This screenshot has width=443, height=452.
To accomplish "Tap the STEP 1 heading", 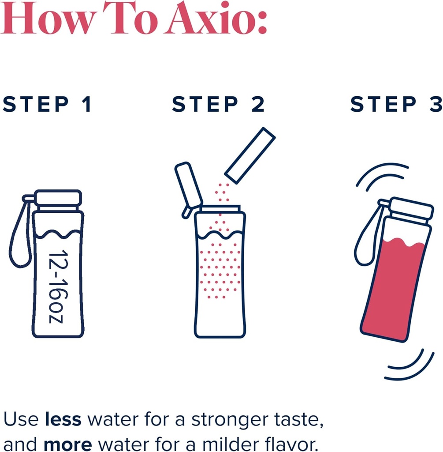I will pyautogui.click(x=47, y=105).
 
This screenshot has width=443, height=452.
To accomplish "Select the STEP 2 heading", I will pyautogui.click(x=219, y=105).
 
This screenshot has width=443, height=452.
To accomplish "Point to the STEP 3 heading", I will pyautogui.click(x=396, y=105).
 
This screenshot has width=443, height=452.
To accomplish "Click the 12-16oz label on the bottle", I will pyautogui.click(x=58, y=287).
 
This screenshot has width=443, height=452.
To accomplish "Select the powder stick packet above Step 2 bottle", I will pyautogui.click(x=250, y=155).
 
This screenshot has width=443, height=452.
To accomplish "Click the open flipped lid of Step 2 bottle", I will pyautogui.click(x=188, y=188).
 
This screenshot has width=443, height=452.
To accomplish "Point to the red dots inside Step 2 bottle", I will pyautogui.click(x=219, y=269).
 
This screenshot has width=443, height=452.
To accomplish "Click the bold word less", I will pyautogui.click(x=63, y=419).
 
